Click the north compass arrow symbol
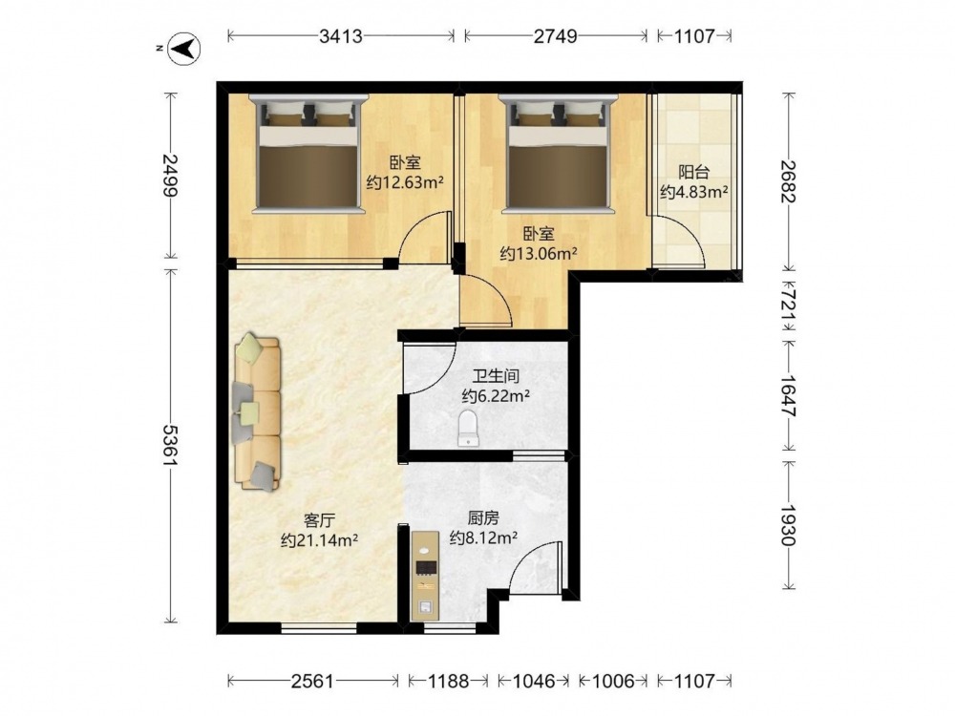click(184, 48)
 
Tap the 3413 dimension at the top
click(341, 36)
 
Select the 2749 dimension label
click(555, 36)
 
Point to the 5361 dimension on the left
click(170, 445)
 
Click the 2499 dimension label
click(170, 175)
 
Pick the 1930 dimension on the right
click(789, 525)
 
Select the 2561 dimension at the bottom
click(312, 680)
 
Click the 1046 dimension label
click(534, 680)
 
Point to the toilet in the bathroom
click(468, 428)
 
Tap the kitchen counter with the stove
click(425, 576)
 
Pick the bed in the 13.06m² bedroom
click(558, 154)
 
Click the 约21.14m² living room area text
click(319, 540)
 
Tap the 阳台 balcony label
click(693, 172)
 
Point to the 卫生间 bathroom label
click(496, 376)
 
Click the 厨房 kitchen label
click(483, 518)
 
